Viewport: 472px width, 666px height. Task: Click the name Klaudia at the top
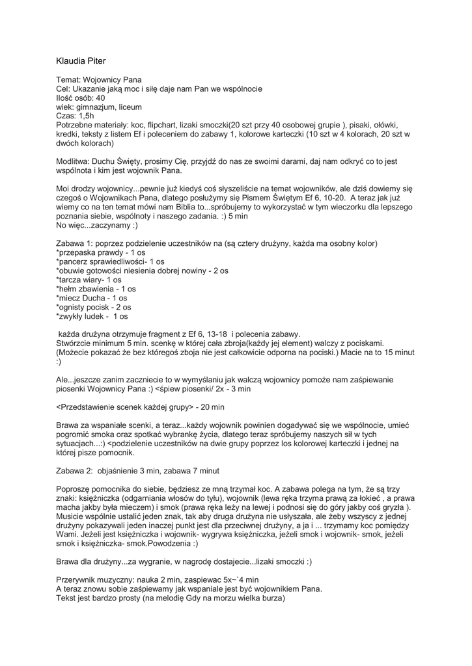(x=71, y=60)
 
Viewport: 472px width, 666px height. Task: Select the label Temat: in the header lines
(x=68, y=79)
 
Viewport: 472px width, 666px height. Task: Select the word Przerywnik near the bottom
(x=76, y=579)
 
